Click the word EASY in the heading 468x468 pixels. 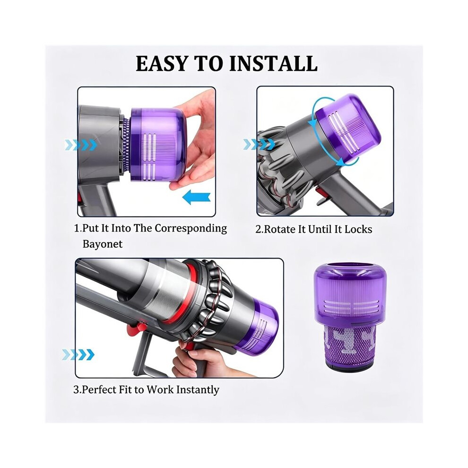pos(162,63)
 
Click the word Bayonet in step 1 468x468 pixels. pos(103,244)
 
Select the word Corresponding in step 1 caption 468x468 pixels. pos(191,229)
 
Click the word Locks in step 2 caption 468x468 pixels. pos(358,229)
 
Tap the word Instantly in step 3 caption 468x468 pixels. pos(198,390)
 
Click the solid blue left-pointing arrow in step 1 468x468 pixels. pos(196,198)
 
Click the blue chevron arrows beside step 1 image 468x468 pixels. pos(80,145)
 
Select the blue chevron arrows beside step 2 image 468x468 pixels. pos(259,144)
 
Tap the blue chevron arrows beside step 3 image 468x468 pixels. pos(78,355)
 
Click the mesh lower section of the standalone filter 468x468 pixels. pos(348,347)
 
